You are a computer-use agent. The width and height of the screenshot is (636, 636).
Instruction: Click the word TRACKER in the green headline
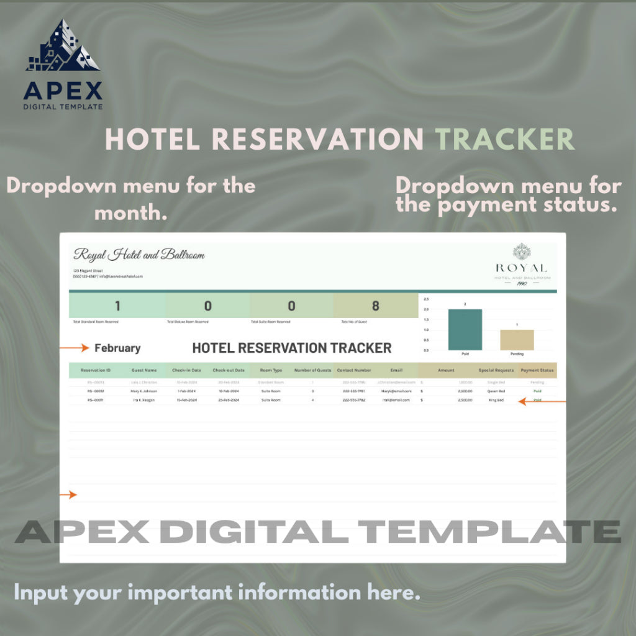[x=504, y=140]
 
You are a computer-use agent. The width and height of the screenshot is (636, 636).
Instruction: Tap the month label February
[x=117, y=348]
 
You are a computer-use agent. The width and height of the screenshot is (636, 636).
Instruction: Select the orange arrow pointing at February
[x=74, y=348]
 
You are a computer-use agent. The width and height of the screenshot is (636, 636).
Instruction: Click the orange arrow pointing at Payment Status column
[x=542, y=402]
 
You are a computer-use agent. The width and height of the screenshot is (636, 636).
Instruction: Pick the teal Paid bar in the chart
[x=465, y=330]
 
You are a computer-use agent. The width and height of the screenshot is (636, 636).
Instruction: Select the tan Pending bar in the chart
[x=517, y=340]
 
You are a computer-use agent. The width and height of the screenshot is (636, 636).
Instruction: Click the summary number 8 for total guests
[x=375, y=306]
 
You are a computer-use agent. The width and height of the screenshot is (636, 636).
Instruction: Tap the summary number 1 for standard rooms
[x=117, y=306]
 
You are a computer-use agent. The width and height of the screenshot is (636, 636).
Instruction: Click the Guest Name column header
[x=144, y=370]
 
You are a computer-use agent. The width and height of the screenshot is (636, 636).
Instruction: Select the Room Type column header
[x=271, y=370]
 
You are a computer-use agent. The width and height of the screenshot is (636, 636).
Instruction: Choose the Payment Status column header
[x=537, y=370]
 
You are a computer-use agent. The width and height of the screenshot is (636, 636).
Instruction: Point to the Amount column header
[x=446, y=370]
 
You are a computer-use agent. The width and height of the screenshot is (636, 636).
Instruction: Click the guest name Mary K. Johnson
[x=144, y=391]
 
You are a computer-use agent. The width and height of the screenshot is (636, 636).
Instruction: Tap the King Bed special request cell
[x=496, y=400]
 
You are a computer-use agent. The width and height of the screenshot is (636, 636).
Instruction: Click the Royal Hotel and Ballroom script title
[x=139, y=255]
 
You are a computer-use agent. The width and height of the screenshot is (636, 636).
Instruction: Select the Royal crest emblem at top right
[x=522, y=252]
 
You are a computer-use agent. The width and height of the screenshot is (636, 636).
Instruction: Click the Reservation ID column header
[x=96, y=370]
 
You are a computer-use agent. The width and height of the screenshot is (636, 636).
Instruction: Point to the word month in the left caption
[x=130, y=213]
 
